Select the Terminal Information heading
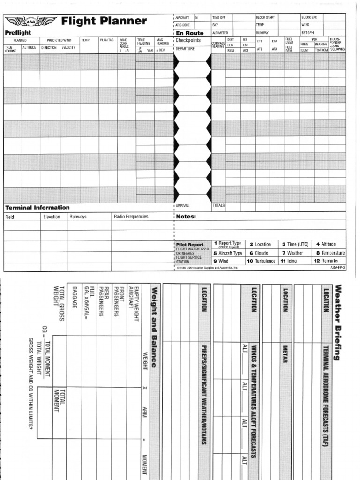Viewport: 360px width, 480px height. tap(37, 207)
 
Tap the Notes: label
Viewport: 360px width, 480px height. tap(186, 217)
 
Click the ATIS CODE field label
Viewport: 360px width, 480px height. tap(183, 25)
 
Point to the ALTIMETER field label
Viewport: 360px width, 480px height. tap(220, 33)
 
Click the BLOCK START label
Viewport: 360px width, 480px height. tap(265, 17)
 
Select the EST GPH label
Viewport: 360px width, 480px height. tap(307, 33)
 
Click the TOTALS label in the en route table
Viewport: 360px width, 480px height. tap(218, 205)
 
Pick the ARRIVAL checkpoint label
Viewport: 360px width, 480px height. tap(183, 205)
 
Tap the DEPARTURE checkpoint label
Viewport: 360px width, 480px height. tap(185, 48)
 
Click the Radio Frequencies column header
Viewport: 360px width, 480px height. tap(131, 217)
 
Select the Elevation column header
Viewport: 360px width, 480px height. tap(52, 217)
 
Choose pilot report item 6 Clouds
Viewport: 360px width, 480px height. tap(258, 253)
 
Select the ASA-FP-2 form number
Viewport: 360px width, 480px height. tap(337, 268)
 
